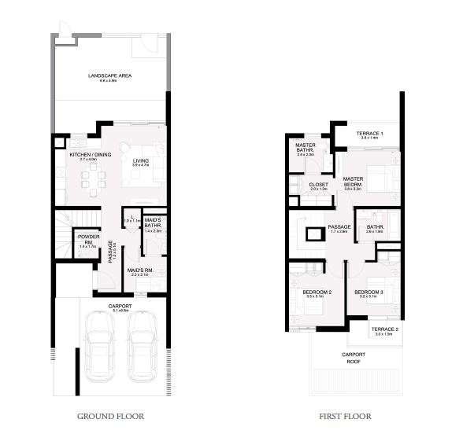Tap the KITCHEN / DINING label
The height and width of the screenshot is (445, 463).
(90, 155)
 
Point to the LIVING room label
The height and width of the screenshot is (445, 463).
(140, 162)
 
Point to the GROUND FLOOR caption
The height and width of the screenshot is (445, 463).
(110, 416)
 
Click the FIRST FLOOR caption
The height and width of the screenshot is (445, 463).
(346, 416)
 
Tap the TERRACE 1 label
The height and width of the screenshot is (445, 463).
(369, 134)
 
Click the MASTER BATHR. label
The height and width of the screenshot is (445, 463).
(306, 149)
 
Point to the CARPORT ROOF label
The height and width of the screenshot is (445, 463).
(353, 357)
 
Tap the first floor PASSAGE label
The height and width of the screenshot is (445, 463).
(339, 228)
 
